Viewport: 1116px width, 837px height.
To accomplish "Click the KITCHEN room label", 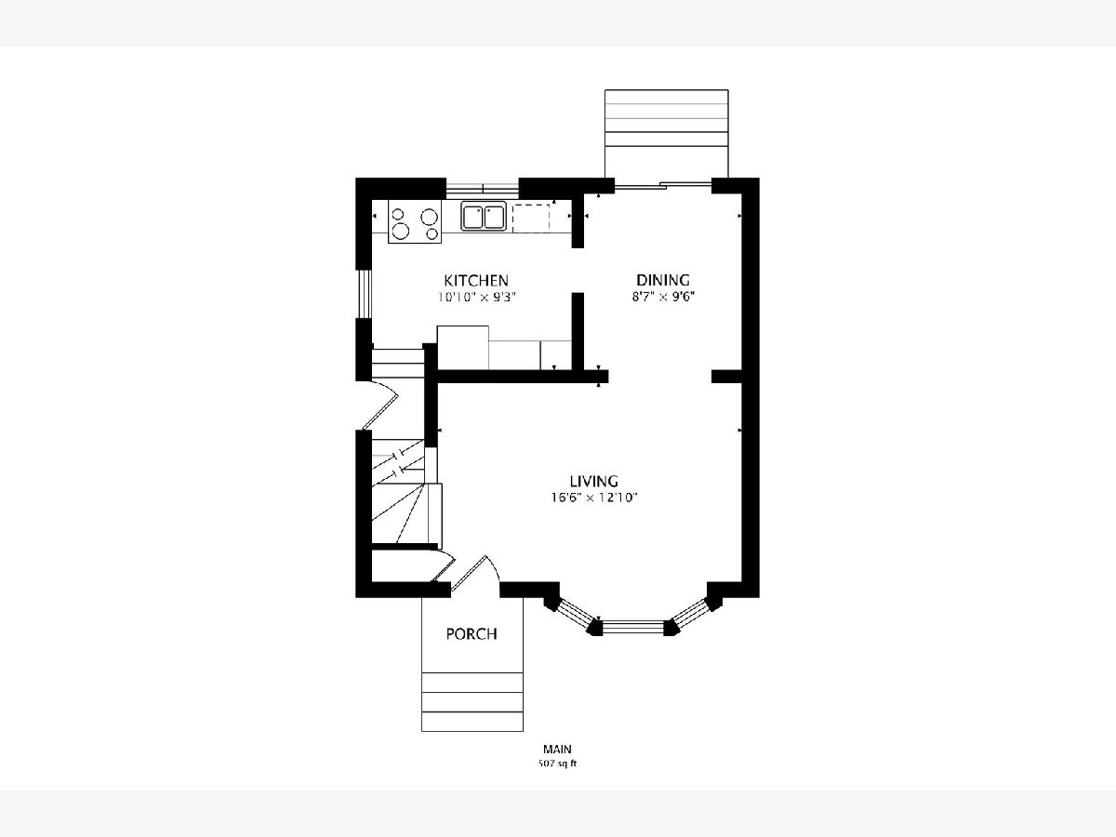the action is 476,281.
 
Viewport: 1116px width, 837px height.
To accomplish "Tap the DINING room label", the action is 663,280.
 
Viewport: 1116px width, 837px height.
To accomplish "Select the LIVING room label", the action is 594,481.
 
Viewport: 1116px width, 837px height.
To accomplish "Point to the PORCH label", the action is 472,633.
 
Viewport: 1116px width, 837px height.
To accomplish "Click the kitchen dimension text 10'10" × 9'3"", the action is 477,298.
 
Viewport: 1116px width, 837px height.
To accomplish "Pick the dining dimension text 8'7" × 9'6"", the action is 663,297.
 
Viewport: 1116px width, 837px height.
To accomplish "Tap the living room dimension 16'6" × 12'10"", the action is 594,498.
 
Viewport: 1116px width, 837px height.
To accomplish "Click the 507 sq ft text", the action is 558,764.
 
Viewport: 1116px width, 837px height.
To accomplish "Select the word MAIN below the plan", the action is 557,749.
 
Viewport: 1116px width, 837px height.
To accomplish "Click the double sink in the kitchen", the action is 484,217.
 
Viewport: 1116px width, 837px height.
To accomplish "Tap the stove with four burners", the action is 415,221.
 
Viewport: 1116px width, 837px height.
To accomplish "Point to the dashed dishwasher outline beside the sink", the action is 531,219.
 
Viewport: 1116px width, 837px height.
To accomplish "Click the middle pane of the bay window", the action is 633,628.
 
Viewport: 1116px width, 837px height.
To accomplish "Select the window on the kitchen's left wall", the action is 364,294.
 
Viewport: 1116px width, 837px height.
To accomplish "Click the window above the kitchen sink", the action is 482,190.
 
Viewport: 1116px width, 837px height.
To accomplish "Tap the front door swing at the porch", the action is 475,573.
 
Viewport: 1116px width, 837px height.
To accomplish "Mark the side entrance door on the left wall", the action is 379,405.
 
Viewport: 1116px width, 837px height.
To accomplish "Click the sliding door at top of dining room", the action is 662,185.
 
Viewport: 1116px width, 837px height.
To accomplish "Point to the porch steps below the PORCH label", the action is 472,702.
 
